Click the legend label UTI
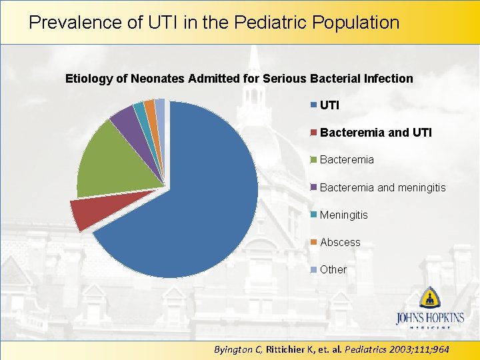[329, 105]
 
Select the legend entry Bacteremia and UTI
[375, 133]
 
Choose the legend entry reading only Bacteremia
[347, 160]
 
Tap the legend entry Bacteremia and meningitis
[383, 187]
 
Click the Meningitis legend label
[343, 215]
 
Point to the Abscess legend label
[340, 242]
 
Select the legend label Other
[333, 269]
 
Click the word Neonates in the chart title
[158, 79]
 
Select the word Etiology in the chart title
[89, 79]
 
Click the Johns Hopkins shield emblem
[430, 297]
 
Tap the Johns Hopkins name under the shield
[430, 317]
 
